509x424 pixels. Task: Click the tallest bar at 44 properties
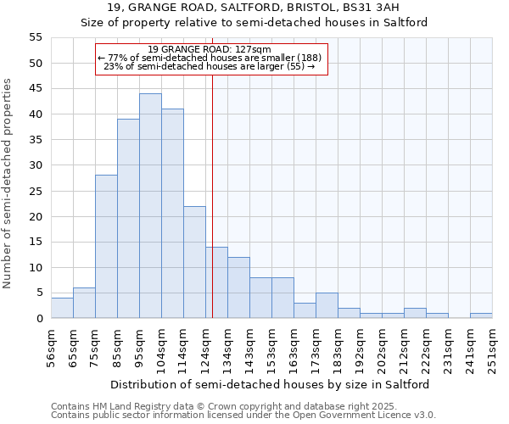click(150, 206)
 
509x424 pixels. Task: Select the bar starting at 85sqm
click(128, 219)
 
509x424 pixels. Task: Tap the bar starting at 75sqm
click(106, 247)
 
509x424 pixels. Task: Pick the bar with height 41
click(172, 214)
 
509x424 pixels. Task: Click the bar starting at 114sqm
click(194, 262)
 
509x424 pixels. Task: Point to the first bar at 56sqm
click(62, 309)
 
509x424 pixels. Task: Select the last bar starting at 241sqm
click(481, 315)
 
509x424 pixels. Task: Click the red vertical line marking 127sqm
click(212, 195)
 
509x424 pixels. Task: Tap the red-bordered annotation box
click(210, 59)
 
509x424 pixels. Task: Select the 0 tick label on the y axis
click(38, 319)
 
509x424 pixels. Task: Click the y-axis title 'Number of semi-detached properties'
click(8, 183)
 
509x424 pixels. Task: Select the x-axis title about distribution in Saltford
click(270, 384)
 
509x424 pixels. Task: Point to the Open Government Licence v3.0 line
click(243, 416)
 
